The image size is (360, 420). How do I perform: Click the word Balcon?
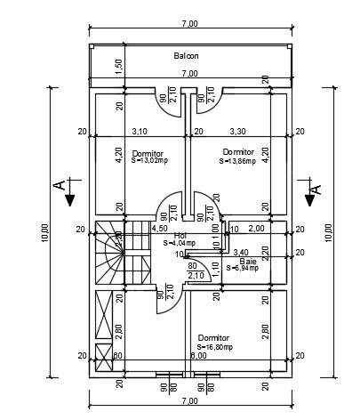pos(186,56)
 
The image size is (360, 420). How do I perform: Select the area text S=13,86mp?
pos(237,161)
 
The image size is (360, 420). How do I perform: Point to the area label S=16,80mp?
pos(214,347)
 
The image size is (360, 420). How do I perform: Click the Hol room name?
pos(181,235)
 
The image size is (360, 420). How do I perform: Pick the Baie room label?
pos(247,261)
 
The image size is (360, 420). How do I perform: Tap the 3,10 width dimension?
pos(140,131)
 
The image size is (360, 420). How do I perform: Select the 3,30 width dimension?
pos(237,131)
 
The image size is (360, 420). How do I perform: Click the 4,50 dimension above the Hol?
pos(160,228)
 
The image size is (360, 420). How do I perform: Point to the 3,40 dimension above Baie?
pos(240,253)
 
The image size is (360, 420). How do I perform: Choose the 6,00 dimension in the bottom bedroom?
pos(197,356)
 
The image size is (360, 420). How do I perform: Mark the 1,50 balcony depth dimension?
pos(119,66)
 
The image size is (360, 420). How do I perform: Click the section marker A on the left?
pos(60,186)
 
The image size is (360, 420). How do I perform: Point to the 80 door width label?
pos(192,264)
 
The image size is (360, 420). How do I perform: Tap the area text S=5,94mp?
pos(241,268)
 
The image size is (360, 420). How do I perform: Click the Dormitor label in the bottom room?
pos(214,338)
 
